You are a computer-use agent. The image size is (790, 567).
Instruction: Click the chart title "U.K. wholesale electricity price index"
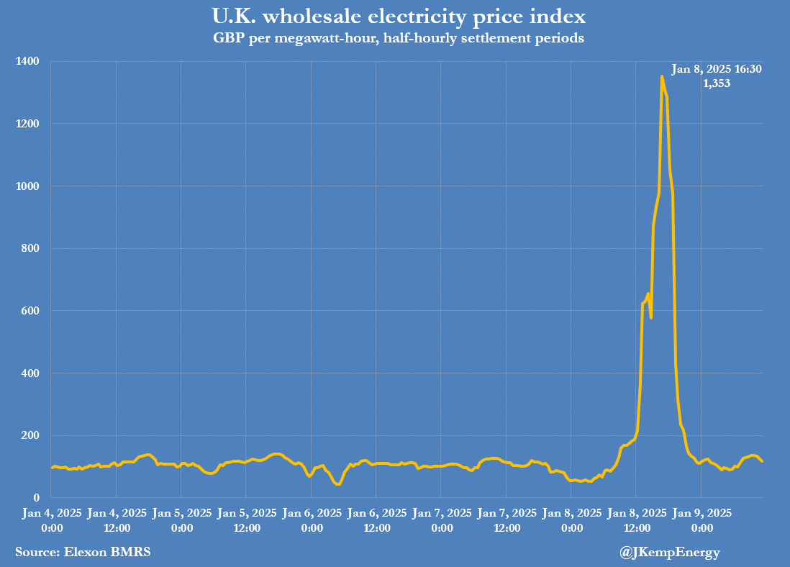coord(394,16)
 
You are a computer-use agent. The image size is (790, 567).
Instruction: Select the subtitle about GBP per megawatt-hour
coord(394,38)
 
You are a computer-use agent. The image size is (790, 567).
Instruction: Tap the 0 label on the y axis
coord(36,498)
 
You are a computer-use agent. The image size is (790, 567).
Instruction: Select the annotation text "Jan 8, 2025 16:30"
coord(716,70)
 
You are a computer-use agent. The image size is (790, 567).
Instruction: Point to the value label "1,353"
coord(716,83)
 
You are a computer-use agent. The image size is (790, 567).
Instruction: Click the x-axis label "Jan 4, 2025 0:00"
coord(52,520)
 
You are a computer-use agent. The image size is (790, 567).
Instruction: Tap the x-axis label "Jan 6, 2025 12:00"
coord(376,520)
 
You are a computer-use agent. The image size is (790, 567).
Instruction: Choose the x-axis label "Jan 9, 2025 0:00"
coord(702,520)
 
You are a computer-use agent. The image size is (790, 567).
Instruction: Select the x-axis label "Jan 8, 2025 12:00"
coord(636,520)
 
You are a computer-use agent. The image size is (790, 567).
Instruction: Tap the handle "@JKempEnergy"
coord(669,552)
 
